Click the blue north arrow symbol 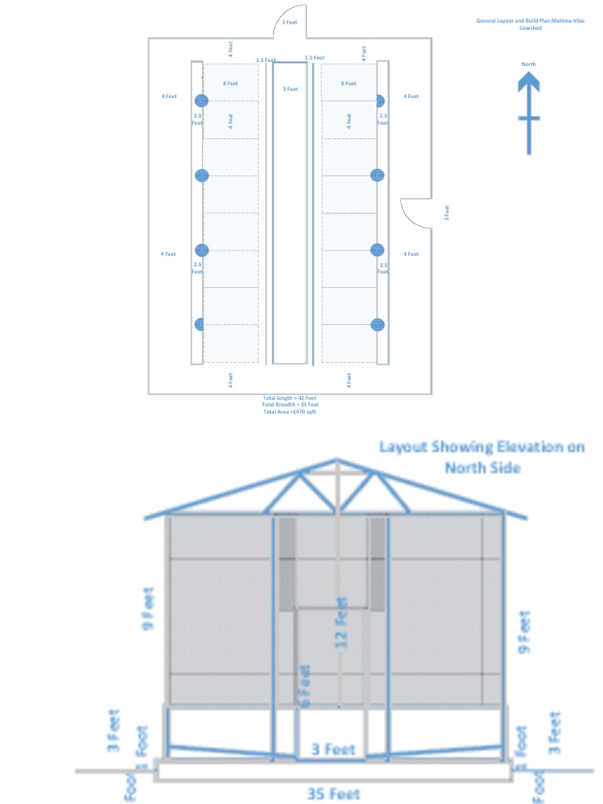point(528,110)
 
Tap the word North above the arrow point(528,64)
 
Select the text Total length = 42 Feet point(290,398)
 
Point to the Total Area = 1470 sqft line point(290,411)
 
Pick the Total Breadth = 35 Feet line point(290,404)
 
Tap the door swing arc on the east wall point(416,212)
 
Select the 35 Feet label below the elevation point(334,795)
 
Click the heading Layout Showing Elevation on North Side point(482,457)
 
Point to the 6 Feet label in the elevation point(305,683)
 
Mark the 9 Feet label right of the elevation point(524,630)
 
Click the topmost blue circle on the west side point(201,100)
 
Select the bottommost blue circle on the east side point(378,324)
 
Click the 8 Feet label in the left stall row point(230,83)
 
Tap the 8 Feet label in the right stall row point(349,83)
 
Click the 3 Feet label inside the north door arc point(290,23)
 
